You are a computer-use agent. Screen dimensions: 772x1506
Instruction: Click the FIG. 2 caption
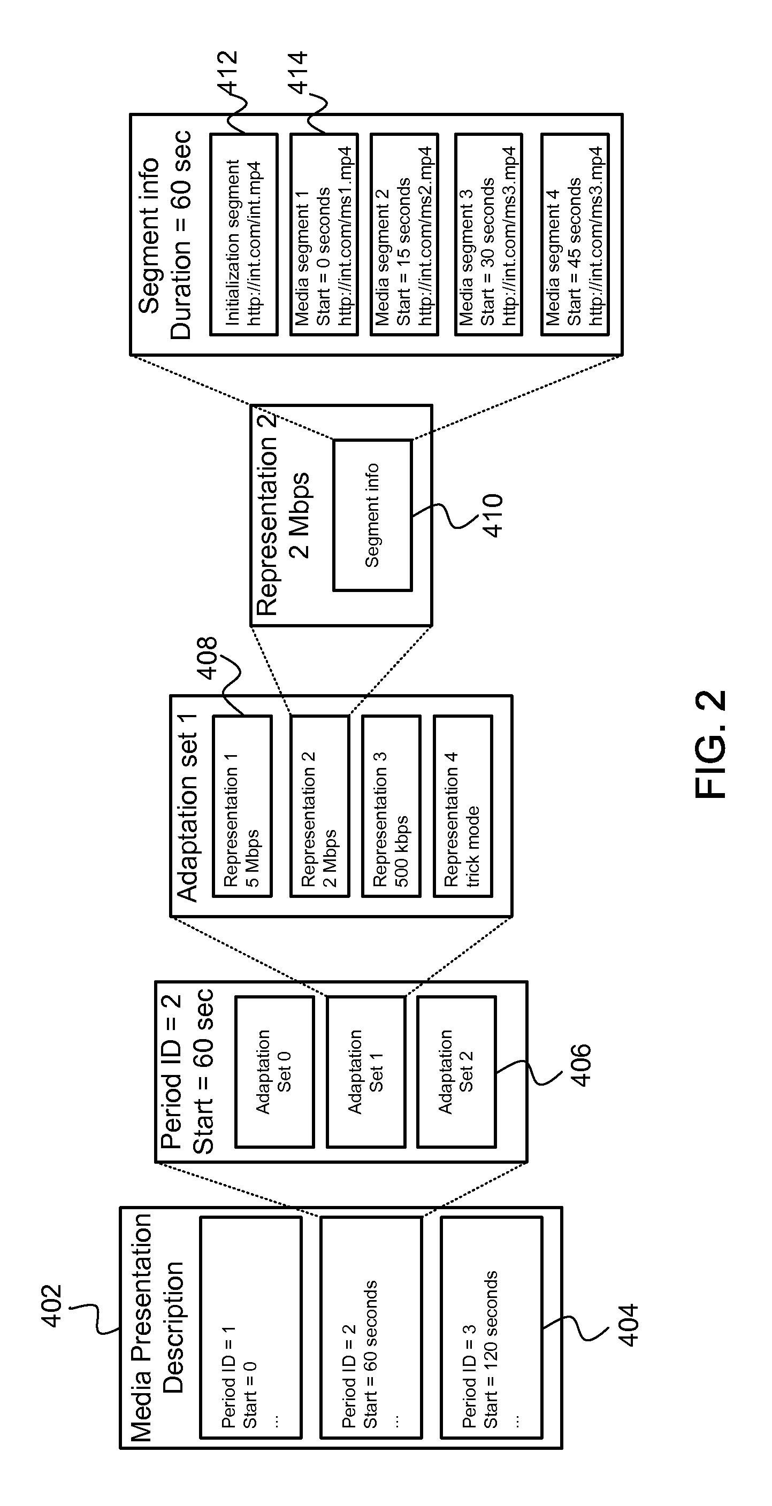point(710,744)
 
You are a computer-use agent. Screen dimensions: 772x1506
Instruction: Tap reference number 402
point(51,1305)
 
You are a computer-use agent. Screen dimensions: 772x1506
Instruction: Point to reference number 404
point(628,1325)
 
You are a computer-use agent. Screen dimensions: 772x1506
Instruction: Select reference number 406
point(581,1065)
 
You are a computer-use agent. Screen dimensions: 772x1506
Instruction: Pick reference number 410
point(492,515)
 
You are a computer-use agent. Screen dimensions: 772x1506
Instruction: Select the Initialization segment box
point(244,234)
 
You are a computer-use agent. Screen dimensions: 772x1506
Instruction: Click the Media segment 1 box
point(324,234)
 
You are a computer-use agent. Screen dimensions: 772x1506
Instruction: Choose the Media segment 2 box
point(404,234)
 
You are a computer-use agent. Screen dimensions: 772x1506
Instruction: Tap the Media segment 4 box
point(575,234)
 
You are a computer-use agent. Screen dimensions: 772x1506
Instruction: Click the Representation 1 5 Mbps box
point(242,806)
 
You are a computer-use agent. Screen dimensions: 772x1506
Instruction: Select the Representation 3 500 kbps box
point(391,806)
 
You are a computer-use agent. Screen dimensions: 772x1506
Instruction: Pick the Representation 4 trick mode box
point(463,806)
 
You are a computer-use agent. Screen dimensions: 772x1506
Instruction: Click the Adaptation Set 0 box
point(275,1072)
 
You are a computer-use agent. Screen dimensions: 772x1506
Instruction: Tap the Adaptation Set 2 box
point(457,1072)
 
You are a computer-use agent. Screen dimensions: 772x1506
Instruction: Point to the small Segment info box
point(372,515)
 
